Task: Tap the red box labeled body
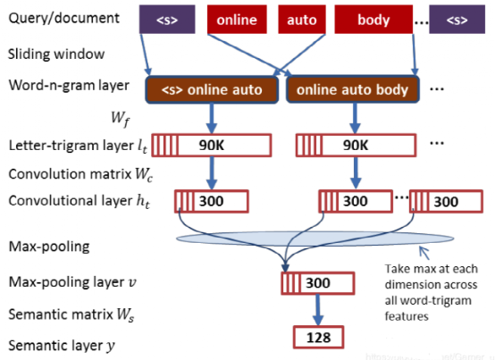click(x=373, y=18)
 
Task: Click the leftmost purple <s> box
click(x=166, y=18)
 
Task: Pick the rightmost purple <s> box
click(x=456, y=18)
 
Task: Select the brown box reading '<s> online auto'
click(x=212, y=89)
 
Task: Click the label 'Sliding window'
click(x=45, y=54)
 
